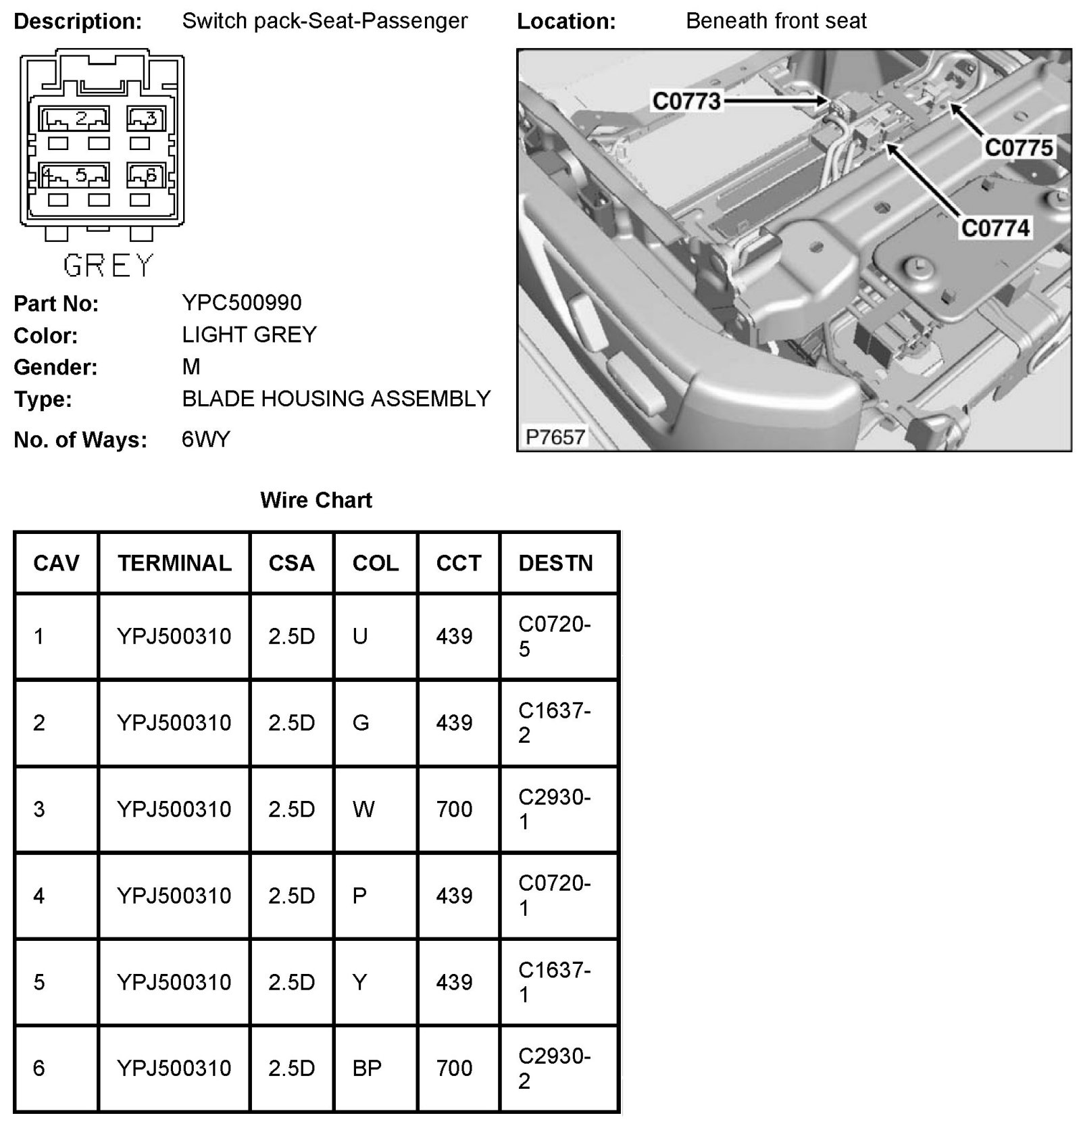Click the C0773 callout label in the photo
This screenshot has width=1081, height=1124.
tap(686, 101)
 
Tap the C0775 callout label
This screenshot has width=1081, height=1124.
tap(1018, 147)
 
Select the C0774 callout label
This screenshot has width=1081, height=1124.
tap(995, 228)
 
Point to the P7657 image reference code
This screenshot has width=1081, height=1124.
tap(555, 437)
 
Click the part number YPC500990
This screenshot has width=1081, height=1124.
tap(242, 302)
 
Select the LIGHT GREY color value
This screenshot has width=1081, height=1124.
tap(249, 335)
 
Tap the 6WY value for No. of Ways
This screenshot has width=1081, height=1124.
tap(206, 439)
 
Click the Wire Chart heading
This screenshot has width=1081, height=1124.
tap(316, 500)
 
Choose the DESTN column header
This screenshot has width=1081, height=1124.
tap(555, 563)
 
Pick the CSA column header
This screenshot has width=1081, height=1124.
tap(291, 563)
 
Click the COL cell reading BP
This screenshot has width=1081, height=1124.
tap(367, 1068)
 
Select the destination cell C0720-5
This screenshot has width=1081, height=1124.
tap(554, 636)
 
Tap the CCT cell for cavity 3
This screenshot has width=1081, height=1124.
tap(454, 809)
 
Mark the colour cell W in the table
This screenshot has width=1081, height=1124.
tap(363, 809)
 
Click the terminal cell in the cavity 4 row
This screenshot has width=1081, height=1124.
tap(174, 896)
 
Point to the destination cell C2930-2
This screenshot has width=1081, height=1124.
tap(554, 1068)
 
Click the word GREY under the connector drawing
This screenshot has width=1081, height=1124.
tap(108, 266)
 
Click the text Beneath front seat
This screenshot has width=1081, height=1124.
tap(776, 22)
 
